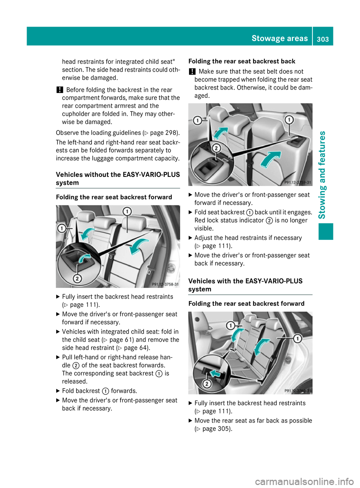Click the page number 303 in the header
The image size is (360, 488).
click(322, 39)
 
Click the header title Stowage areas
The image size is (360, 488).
click(279, 38)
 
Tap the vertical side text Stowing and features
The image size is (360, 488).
click(322, 175)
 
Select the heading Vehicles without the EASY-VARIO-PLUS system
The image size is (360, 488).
click(118, 178)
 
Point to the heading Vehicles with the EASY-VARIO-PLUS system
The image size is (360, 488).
click(245, 285)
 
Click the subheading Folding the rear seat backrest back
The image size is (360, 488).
click(241, 61)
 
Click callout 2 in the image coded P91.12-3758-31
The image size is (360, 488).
click(77, 278)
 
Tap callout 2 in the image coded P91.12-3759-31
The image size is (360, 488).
click(216, 148)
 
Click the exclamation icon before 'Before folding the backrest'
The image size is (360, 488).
click(59, 90)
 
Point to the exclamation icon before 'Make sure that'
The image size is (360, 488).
click(192, 71)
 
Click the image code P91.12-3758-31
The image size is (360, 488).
click(165, 284)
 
